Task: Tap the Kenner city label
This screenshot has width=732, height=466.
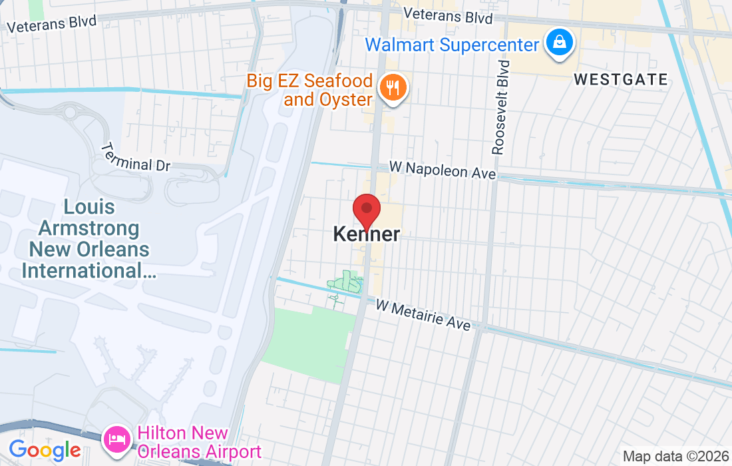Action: coord(367,234)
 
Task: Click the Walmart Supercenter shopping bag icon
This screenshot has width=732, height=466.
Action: coord(560,43)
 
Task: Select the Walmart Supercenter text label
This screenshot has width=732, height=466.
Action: coord(452,45)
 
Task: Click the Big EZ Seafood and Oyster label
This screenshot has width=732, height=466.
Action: coord(309,91)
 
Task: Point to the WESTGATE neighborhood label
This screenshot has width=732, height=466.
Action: coord(620,80)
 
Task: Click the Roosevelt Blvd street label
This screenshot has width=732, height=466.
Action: coord(500,107)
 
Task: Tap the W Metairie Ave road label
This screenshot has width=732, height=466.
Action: coord(423,315)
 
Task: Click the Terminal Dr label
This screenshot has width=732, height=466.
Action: coord(136,156)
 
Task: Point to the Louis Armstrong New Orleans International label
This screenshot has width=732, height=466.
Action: coord(89,239)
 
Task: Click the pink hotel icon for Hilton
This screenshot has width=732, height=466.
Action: coord(118,439)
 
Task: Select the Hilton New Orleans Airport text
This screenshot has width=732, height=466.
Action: coord(198,443)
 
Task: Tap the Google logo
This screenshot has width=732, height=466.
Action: coord(45,450)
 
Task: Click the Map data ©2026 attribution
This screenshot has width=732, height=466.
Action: coord(675,457)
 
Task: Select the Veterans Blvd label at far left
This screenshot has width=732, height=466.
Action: coord(51,23)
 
